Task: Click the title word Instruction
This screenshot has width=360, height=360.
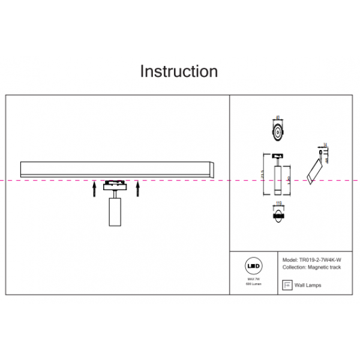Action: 179,71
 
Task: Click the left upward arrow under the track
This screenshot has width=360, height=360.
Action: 94,190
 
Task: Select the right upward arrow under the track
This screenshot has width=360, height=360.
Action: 138,190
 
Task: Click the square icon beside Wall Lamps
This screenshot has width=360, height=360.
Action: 286,285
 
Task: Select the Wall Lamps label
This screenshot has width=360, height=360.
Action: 309,286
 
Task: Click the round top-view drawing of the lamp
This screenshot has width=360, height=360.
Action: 278,132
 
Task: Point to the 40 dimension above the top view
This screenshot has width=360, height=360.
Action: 278,118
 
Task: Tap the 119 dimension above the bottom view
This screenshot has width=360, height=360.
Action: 278,205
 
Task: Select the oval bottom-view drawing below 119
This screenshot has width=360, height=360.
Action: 278,216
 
